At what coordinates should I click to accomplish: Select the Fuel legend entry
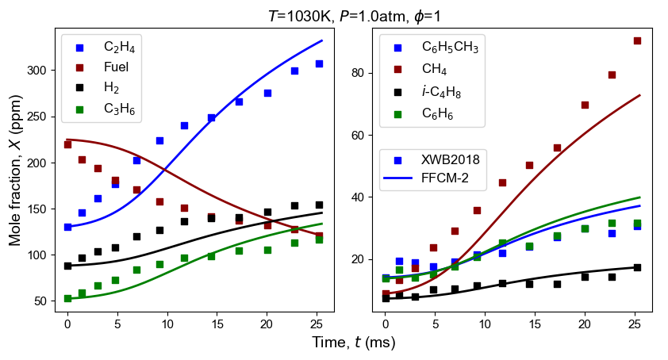(x=116, y=67)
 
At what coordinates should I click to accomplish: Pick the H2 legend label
(x=111, y=89)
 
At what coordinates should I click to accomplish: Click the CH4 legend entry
(x=436, y=69)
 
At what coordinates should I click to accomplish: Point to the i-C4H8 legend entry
(x=441, y=92)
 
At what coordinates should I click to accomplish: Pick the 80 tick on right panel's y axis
(x=367, y=73)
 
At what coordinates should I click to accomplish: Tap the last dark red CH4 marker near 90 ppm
(x=637, y=40)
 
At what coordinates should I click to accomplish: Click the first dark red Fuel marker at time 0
(x=67, y=144)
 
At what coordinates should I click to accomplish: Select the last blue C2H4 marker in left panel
(x=319, y=63)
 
